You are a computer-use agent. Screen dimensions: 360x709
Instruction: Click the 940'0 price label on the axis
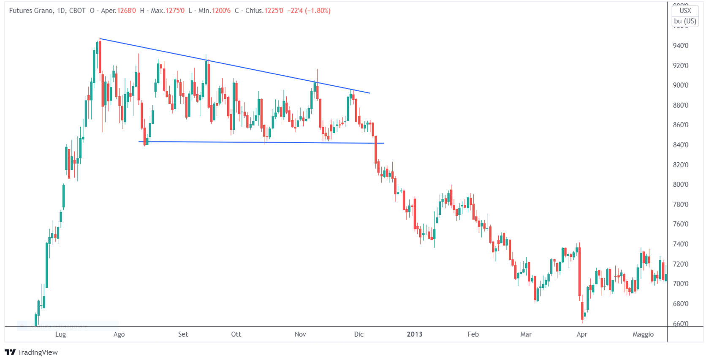click(x=680, y=46)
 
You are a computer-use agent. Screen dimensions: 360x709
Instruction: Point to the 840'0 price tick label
click(x=680, y=145)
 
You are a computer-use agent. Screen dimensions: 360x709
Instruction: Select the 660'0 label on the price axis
click(x=680, y=324)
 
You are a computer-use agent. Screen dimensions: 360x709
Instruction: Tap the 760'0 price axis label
click(x=680, y=224)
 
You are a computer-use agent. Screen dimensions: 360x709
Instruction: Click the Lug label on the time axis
click(x=60, y=334)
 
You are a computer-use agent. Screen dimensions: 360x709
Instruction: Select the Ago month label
click(x=119, y=334)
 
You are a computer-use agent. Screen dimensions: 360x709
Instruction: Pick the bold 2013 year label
click(x=414, y=334)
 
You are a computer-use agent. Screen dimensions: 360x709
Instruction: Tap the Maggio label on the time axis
click(x=643, y=334)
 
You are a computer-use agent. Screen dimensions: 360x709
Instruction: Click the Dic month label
click(x=359, y=334)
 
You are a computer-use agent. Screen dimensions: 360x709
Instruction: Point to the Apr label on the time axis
click(x=581, y=334)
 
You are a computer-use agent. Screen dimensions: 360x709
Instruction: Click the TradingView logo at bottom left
click(x=31, y=352)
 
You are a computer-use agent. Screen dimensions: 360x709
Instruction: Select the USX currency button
click(x=685, y=11)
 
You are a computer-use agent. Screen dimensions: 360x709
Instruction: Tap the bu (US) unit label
click(x=685, y=21)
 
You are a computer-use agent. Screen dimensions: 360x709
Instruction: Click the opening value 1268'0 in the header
click(x=126, y=11)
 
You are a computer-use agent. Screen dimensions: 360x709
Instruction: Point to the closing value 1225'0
click(x=274, y=11)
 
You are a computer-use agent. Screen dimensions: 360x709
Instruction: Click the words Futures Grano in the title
click(x=31, y=11)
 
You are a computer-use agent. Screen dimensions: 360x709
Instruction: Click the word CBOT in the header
click(x=77, y=11)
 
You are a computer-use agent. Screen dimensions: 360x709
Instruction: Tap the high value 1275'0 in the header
click(x=175, y=11)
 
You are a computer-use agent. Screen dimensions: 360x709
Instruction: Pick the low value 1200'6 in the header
click(x=221, y=11)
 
